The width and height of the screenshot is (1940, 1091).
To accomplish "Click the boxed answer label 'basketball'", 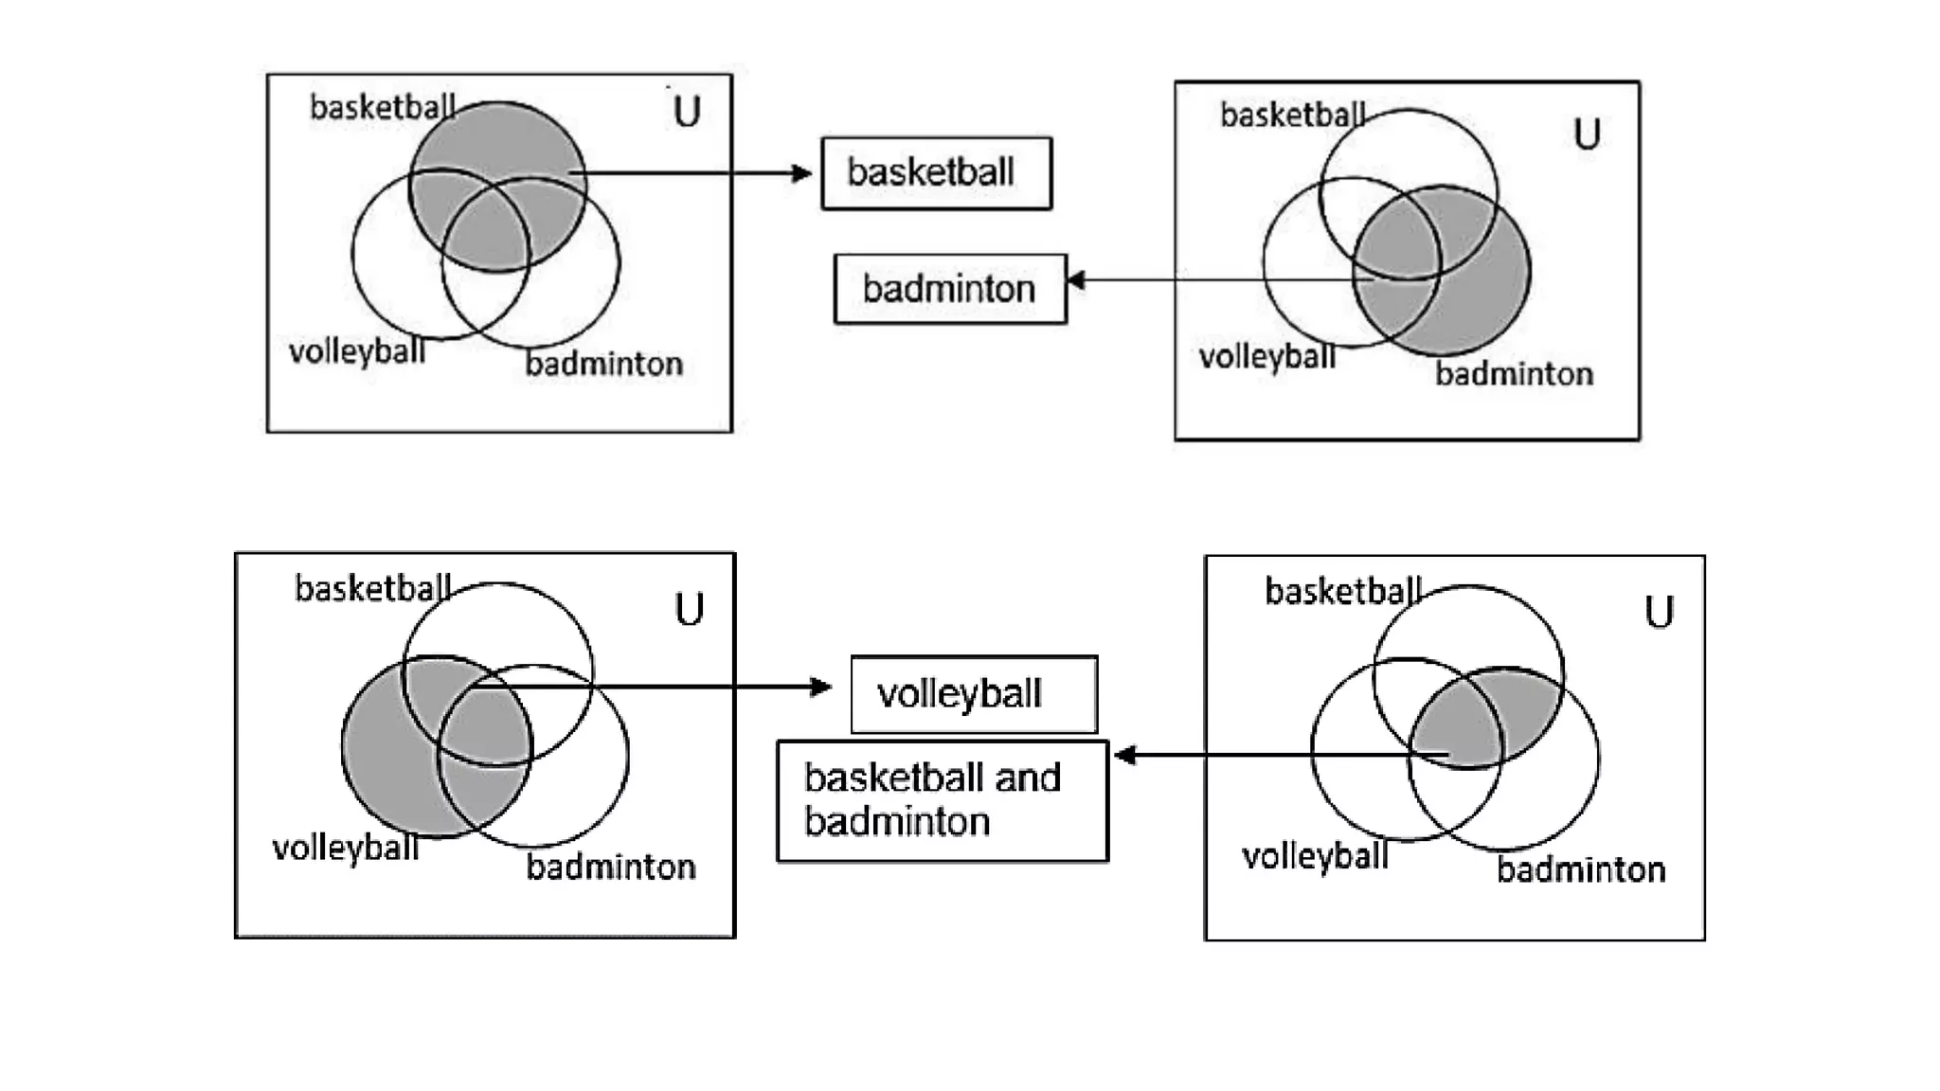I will (936, 173).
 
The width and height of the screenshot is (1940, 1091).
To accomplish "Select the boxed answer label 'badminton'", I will (949, 289).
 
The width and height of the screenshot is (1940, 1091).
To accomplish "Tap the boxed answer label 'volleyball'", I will (973, 694).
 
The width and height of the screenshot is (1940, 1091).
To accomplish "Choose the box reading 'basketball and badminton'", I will (942, 800).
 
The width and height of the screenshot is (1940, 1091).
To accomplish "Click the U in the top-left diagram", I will (687, 112).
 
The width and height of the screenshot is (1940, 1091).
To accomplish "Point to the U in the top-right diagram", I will (1587, 134).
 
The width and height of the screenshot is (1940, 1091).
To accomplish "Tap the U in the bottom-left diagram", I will (689, 609).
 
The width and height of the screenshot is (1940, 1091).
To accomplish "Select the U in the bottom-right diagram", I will (1659, 612).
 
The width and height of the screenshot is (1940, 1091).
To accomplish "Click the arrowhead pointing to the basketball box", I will (803, 173).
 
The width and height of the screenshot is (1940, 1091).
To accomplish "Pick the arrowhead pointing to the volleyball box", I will (821, 687).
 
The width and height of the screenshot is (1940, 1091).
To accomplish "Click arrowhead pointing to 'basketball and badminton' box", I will (1124, 755).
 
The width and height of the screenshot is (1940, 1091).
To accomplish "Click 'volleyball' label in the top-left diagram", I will (357, 353).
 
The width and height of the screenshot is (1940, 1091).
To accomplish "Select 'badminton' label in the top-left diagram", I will (603, 364).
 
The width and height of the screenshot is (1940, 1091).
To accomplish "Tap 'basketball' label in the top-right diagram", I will (1292, 116).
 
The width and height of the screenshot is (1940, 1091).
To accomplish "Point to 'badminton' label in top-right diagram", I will (1514, 374).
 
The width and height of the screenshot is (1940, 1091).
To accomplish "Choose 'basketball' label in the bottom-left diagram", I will (372, 589).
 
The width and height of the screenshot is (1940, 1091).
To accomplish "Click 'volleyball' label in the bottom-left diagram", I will (345, 849).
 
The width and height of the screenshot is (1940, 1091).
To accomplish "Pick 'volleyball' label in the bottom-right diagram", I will (1315, 857).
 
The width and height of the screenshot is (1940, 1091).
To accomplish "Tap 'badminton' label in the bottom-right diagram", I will (1580, 869).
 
